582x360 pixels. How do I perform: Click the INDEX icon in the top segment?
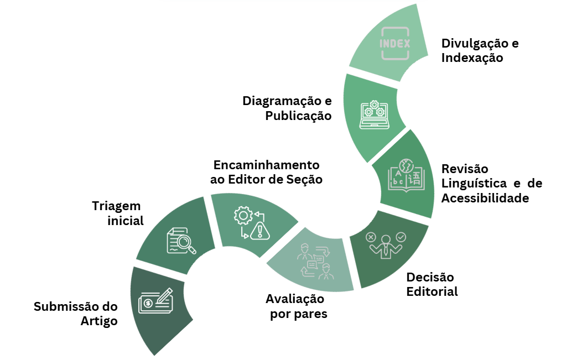(x=395, y=43)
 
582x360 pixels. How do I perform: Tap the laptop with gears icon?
(x=374, y=114)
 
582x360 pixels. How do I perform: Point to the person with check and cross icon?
(x=386, y=244)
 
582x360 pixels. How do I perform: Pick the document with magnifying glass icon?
(x=181, y=241)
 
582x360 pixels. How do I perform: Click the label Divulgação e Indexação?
(x=480, y=50)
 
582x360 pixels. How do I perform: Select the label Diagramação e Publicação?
(x=288, y=108)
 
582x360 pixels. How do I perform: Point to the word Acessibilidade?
(x=485, y=197)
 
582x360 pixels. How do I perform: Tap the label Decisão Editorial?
(x=432, y=284)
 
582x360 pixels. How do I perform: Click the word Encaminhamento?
(x=267, y=165)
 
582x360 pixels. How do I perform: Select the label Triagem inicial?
(x=117, y=213)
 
